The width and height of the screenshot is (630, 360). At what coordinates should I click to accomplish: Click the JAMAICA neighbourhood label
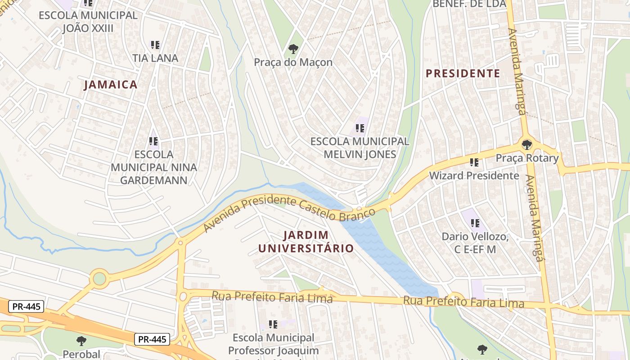(x=110, y=85)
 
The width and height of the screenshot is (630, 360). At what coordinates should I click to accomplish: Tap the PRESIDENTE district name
(x=463, y=73)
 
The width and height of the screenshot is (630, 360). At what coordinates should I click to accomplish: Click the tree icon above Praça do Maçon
(x=293, y=48)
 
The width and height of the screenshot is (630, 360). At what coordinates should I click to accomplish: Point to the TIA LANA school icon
(x=155, y=45)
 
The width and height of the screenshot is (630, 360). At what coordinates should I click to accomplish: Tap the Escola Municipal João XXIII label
(x=88, y=22)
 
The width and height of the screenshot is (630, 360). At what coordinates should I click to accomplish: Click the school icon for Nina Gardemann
(x=153, y=141)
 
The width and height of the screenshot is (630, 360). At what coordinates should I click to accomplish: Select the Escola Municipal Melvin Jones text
(x=360, y=148)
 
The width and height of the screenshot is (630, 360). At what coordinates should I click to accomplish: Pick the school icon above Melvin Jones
(x=360, y=128)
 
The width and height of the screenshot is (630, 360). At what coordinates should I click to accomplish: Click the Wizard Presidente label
(x=474, y=175)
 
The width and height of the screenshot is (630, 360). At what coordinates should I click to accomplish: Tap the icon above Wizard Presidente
(x=474, y=162)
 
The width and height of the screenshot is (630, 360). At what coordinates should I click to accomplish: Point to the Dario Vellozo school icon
(x=475, y=223)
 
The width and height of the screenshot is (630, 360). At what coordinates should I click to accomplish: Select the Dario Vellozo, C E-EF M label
(x=475, y=243)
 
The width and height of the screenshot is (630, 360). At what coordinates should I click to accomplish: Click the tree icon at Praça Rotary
(x=526, y=145)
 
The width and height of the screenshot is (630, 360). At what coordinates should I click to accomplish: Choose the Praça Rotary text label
(x=527, y=158)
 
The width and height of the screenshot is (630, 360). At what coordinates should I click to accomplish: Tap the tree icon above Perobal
(x=81, y=341)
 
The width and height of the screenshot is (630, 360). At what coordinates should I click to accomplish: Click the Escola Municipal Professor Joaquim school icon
(x=273, y=324)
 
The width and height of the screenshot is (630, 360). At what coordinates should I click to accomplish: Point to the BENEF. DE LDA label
(x=469, y=4)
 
